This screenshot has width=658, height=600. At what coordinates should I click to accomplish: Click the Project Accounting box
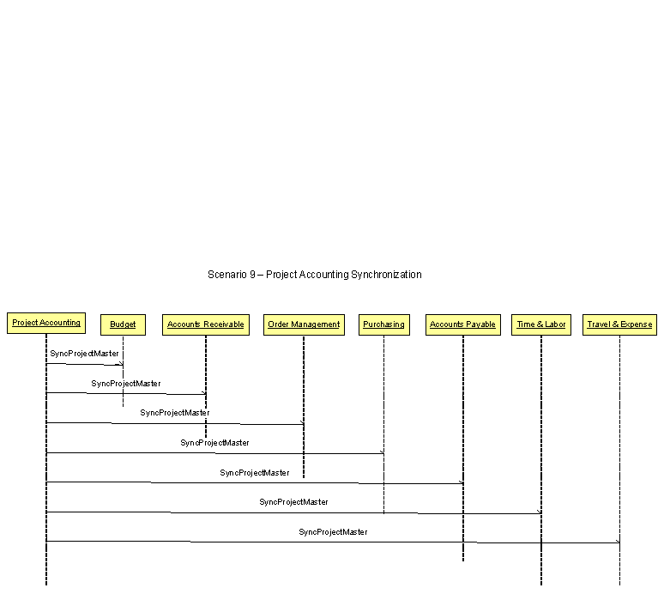click(x=46, y=323)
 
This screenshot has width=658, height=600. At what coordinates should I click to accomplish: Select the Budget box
click(x=123, y=324)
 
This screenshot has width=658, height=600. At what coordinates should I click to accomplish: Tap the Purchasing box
click(x=383, y=324)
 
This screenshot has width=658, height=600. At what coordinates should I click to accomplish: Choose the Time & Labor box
click(x=541, y=324)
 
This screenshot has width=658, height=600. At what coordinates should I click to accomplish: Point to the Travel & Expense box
click(x=619, y=324)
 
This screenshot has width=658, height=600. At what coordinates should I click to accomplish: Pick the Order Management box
click(x=304, y=324)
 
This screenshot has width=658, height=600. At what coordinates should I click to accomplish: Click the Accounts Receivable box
click(x=206, y=324)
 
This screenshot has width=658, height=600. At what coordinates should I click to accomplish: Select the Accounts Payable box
click(x=462, y=324)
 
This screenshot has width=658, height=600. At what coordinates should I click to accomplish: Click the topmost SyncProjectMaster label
click(x=84, y=354)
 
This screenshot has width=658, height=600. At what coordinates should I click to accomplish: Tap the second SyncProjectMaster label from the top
click(x=126, y=384)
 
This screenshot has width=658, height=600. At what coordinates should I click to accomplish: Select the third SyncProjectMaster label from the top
click(x=175, y=413)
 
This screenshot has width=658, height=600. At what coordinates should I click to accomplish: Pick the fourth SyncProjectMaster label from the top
click(x=214, y=443)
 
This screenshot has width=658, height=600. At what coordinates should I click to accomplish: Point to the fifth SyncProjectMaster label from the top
click(x=255, y=473)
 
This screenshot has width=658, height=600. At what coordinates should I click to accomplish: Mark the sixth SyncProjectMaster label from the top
click(x=293, y=502)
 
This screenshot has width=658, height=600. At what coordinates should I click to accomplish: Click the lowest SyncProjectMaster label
click(x=333, y=532)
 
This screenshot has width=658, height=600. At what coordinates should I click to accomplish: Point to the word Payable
click(x=480, y=324)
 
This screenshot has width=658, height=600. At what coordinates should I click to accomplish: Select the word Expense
click(x=636, y=324)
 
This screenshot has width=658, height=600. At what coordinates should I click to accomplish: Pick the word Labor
click(x=555, y=324)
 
